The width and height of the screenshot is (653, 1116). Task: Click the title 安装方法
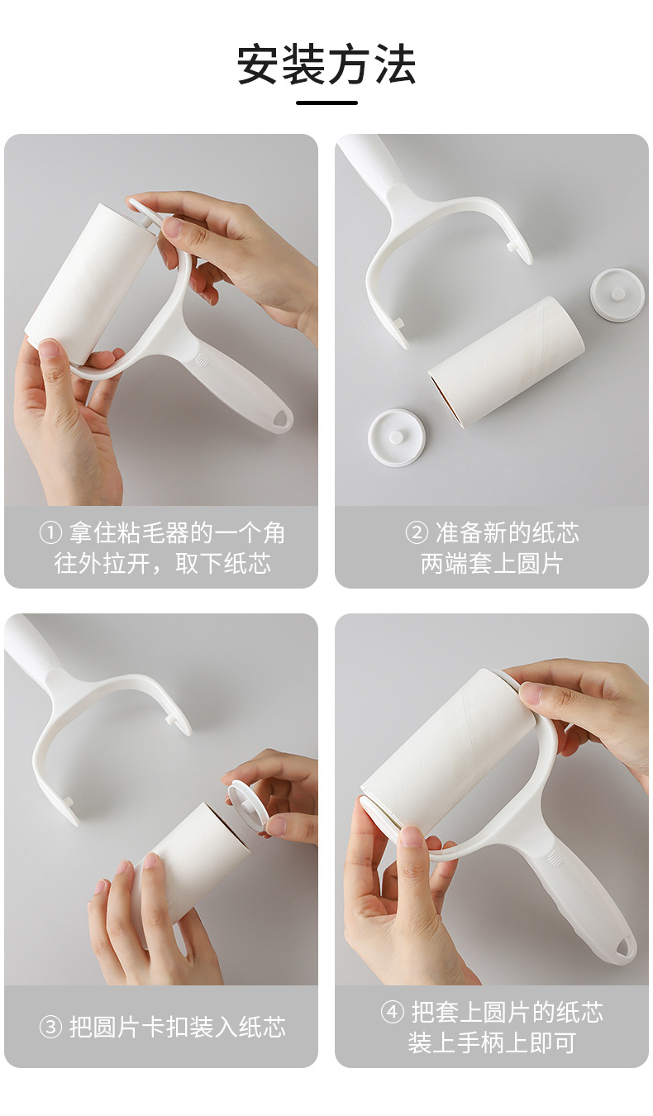coord(326,65)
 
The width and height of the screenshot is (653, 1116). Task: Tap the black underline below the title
coord(326,103)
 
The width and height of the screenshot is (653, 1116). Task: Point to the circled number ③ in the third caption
coord(50,1028)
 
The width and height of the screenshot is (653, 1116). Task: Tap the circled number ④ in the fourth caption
coord(393,1013)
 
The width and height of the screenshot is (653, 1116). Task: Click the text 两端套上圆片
coord(492,564)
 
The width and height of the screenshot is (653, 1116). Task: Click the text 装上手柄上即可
coord(492,1043)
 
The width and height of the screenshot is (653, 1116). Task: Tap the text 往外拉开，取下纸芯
coord(163,564)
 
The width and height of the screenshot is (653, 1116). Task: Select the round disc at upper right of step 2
coord(617,295)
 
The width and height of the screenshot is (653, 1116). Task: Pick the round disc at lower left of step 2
coord(397,436)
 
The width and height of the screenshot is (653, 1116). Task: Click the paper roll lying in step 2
coord(506,360)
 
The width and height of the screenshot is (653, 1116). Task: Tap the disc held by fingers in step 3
coord(248,802)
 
